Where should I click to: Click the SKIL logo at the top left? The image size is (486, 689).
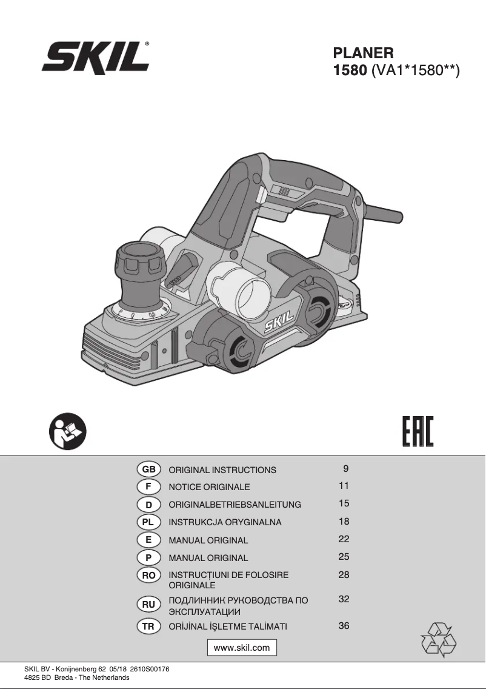click(x=96, y=56)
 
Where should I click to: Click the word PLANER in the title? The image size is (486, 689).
click(x=363, y=53)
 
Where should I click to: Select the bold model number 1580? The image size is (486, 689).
click(x=350, y=70)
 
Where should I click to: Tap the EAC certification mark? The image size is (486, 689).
click(x=418, y=431)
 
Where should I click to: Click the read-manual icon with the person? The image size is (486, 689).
click(x=68, y=431)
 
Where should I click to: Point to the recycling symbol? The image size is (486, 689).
click(x=439, y=639)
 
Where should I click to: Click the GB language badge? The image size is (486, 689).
click(x=149, y=469)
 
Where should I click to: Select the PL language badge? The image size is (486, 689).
click(x=149, y=522)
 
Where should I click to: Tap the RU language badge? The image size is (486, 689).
click(x=149, y=605)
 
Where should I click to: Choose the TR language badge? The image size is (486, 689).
click(x=149, y=627)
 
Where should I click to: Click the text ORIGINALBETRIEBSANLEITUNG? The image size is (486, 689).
click(x=235, y=505)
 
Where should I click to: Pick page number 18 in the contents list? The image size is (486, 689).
click(x=344, y=521)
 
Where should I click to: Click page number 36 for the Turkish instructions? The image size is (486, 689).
click(x=344, y=625)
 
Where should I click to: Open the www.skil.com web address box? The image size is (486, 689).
click(x=242, y=648)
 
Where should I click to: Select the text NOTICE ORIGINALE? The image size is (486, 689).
click(x=209, y=487)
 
